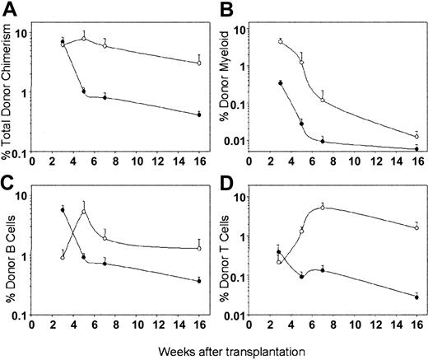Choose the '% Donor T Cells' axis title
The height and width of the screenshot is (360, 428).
tap(229, 255)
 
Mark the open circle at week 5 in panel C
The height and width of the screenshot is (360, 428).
tap(84, 212)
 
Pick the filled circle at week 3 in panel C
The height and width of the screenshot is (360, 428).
tap(63, 210)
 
